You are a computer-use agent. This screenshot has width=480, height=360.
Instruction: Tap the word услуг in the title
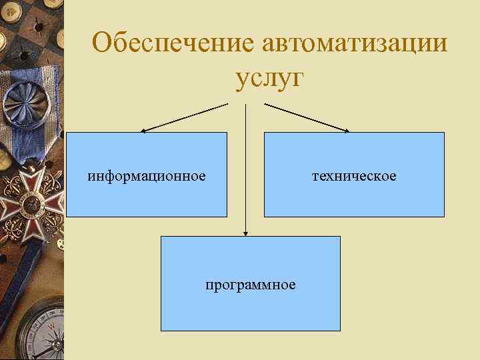(269, 78)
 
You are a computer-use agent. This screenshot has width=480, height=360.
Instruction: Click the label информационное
(147, 176)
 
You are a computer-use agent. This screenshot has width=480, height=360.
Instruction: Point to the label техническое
(353, 176)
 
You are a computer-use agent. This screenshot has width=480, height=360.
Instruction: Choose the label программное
(250, 285)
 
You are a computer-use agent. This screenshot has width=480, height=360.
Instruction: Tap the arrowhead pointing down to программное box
(245, 233)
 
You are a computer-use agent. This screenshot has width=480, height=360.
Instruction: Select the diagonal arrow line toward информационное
(187, 116)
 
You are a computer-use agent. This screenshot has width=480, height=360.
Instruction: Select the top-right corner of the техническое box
(443, 133)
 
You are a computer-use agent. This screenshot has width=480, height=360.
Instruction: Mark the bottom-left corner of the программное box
(161, 331)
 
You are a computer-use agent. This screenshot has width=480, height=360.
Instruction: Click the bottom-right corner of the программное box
(340, 331)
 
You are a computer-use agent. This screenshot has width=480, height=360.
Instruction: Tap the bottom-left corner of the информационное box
(67, 217)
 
